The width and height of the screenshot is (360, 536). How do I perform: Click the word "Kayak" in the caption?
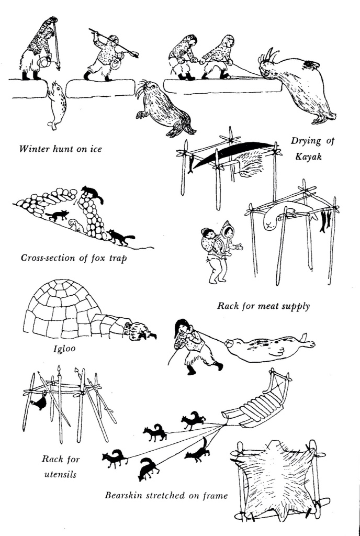308,157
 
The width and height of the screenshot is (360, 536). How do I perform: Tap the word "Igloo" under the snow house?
64,349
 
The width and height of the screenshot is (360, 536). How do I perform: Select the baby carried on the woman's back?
209,236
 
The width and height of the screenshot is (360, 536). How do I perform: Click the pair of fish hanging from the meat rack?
325,220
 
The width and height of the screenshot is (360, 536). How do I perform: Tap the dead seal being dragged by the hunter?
270,348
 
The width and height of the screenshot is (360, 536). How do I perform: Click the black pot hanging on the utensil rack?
39,402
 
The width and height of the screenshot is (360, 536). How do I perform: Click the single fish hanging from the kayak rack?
190,163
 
